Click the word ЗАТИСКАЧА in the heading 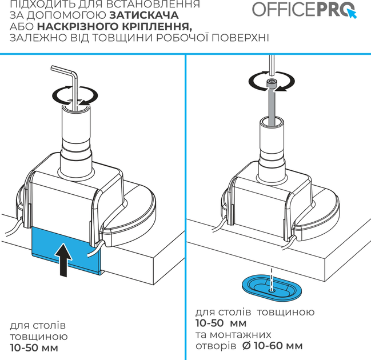(144, 15)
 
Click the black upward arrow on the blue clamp (63, 260)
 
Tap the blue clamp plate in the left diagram (66, 250)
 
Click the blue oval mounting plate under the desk (272, 287)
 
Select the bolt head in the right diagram (272, 83)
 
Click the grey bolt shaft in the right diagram (272, 106)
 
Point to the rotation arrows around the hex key (75, 96)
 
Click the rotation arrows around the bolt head (272, 81)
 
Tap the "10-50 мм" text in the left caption (34, 347)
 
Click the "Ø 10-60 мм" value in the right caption (273, 346)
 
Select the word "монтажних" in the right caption (241, 335)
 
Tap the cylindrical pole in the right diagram (272, 149)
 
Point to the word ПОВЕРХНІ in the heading (240, 38)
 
